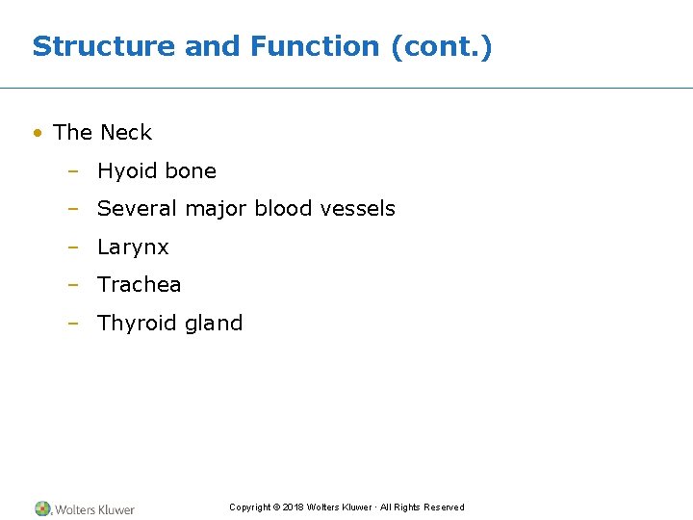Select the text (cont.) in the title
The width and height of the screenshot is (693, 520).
click(x=442, y=46)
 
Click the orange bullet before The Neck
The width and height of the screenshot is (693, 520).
click(x=37, y=133)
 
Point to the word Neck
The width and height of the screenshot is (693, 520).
click(x=126, y=133)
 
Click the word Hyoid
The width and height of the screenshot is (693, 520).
click(x=126, y=171)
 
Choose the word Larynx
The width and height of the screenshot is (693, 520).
click(x=133, y=247)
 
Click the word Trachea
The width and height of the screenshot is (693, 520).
click(x=139, y=285)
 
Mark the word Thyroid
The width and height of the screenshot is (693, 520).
click(x=133, y=324)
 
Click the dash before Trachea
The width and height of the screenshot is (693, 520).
click(x=72, y=285)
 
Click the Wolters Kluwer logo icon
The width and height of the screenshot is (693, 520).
click(x=42, y=508)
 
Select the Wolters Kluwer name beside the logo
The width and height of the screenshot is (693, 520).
click(x=94, y=509)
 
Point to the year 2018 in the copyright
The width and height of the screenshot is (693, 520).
click(x=293, y=507)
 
